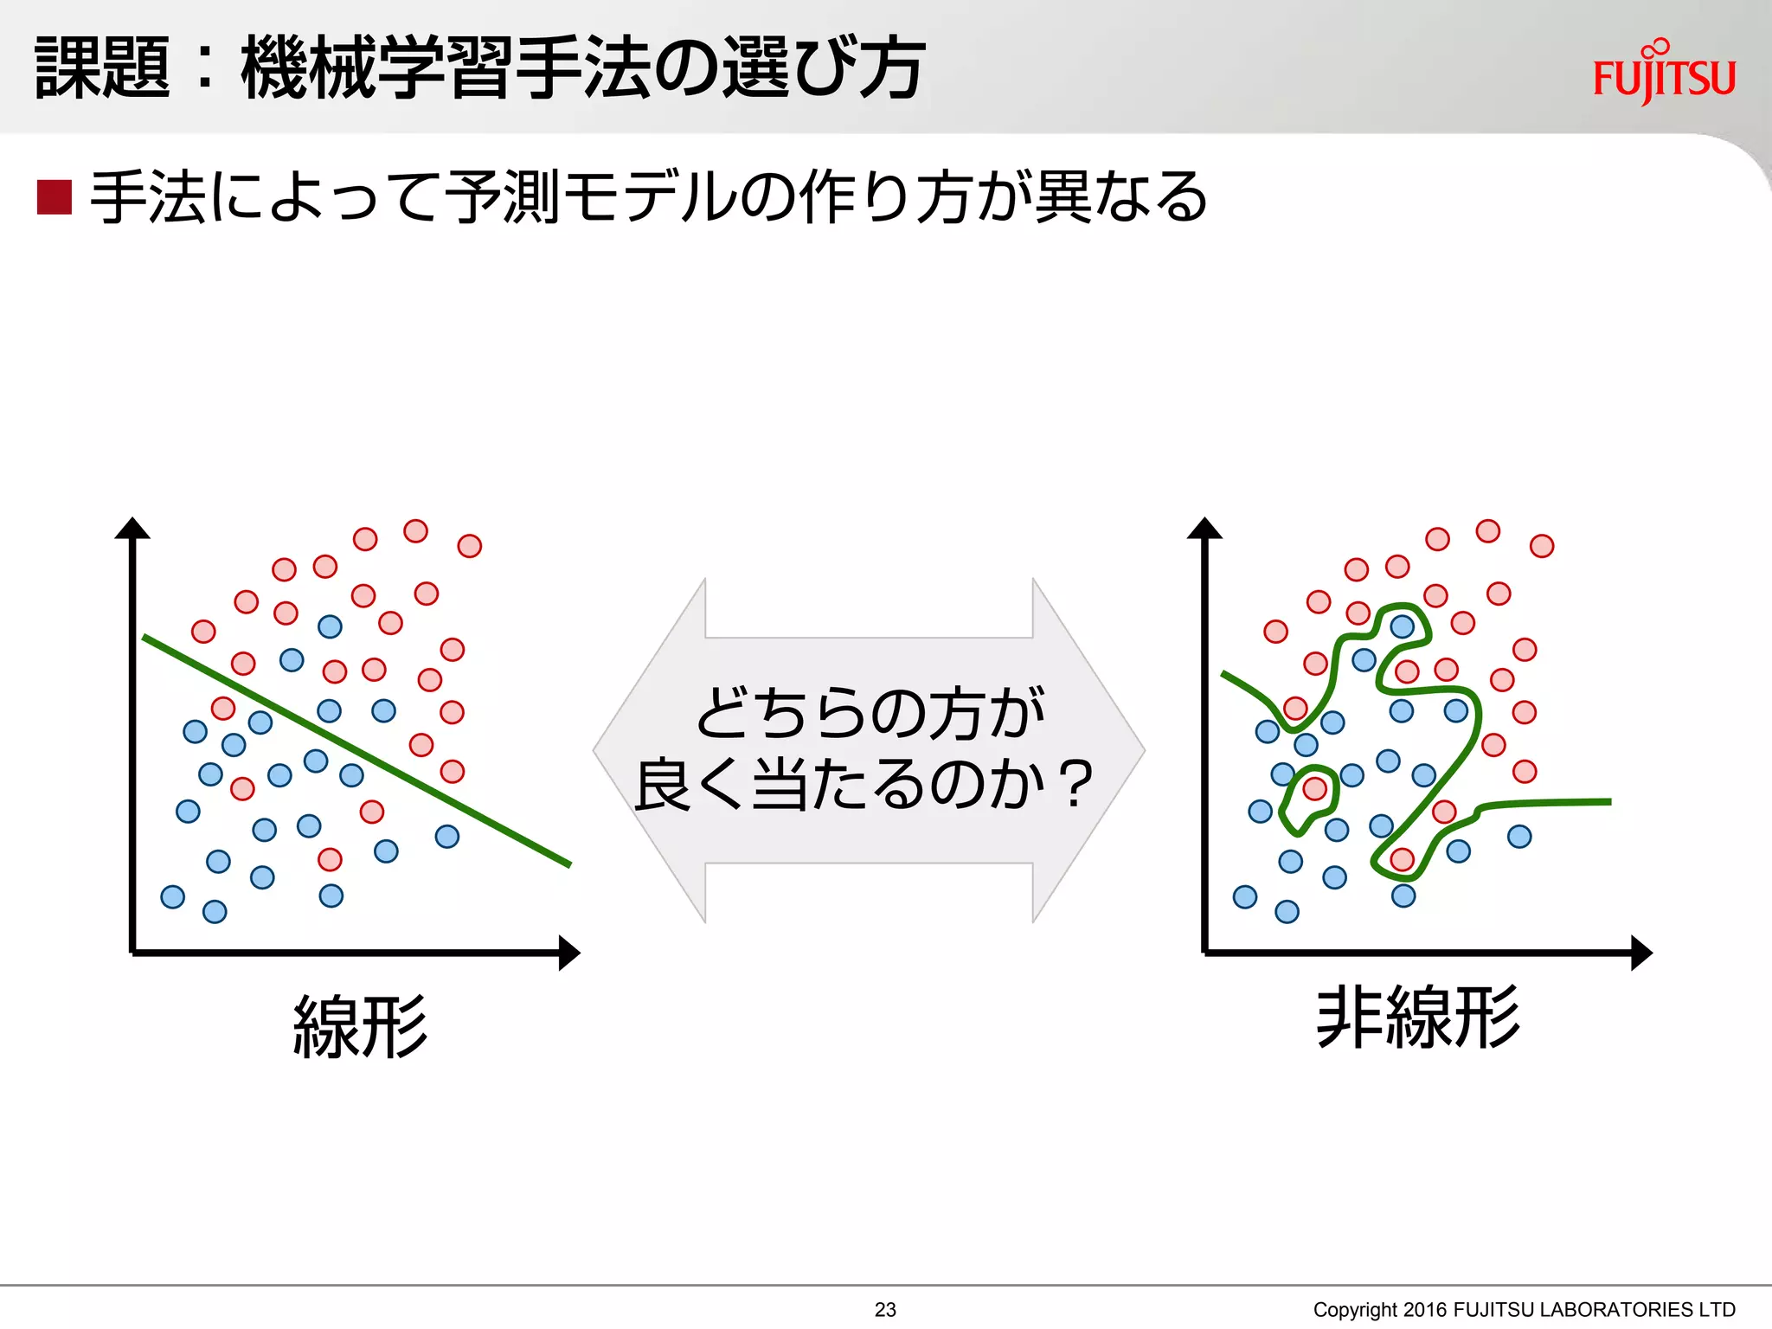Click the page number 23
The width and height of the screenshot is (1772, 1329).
885,1310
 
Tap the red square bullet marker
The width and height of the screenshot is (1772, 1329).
54,197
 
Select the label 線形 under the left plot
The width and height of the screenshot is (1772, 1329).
360,1026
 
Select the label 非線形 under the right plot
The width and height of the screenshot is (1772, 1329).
1417,1018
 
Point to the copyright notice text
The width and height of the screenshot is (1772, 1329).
1524,1310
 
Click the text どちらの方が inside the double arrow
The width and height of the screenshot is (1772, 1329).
870,714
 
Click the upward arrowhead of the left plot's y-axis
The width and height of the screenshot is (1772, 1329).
132,528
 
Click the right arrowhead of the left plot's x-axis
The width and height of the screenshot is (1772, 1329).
570,953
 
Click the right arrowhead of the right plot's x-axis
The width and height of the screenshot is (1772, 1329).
1642,953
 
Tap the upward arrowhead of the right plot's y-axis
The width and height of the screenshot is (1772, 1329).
1204,528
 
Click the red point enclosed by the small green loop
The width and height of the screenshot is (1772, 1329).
1314,788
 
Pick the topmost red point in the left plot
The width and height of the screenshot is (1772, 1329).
415,530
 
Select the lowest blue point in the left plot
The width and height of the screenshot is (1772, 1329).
215,911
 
